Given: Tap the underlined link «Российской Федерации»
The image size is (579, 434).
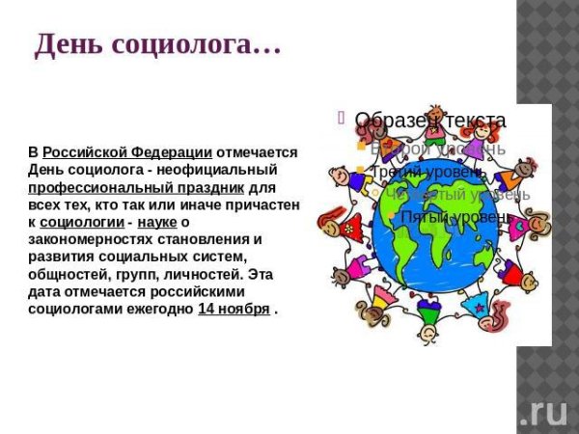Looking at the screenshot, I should [127, 152].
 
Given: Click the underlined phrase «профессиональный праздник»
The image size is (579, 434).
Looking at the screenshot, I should [136, 187].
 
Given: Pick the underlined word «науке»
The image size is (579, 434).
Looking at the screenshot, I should [157, 222].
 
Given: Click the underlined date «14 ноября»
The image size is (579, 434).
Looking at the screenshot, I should [234, 309].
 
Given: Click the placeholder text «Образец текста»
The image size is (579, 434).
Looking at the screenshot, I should [429, 121].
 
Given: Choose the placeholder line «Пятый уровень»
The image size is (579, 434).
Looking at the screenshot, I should [450, 216].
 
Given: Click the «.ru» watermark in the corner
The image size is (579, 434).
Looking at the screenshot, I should [544, 412].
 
